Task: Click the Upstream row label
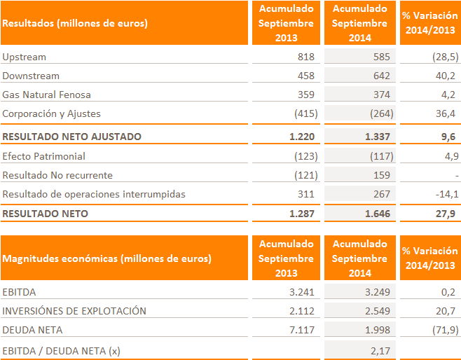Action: tap(25, 57)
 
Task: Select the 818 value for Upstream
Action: tap(305, 57)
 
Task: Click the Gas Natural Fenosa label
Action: tap(47, 95)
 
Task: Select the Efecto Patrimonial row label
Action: tap(44, 156)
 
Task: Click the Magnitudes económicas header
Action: tap(106, 258)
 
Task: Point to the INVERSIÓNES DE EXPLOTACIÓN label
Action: tap(74, 311)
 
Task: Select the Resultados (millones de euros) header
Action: tap(75, 23)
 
